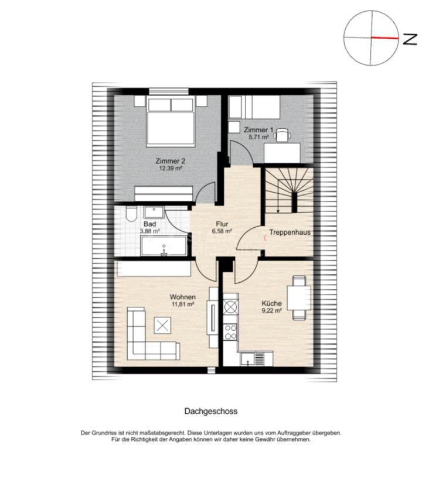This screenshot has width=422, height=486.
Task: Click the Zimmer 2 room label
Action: (x=171, y=161)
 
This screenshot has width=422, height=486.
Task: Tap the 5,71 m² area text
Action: (x=258, y=136)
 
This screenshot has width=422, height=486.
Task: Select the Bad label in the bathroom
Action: (x=150, y=224)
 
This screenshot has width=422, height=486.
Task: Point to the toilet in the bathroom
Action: (x=131, y=214)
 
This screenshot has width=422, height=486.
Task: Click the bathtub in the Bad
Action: (x=164, y=246)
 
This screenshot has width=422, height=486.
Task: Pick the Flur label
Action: (x=222, y=224)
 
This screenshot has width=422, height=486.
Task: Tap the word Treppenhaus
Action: (x=290, y=232)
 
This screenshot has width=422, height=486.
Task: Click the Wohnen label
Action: (x=183, y=297)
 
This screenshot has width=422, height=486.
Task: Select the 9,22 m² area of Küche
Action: (x=272, y=310)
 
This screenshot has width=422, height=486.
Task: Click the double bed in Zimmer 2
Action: (x=171, y=121)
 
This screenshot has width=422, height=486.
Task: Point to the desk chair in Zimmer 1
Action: (x=283, y=135)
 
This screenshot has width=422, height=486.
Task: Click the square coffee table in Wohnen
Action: (x=162, y=326)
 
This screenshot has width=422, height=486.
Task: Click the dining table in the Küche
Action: (x=299, y=297)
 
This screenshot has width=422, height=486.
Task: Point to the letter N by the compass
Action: (x=410, y=39)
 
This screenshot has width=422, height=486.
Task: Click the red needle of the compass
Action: (x=384, y=38)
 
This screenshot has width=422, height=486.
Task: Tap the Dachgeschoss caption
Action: (x=211, y=411)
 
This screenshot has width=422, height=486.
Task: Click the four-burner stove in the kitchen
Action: (x=230, y=331)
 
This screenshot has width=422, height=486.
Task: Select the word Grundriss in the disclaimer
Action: (x=103, y=433)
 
